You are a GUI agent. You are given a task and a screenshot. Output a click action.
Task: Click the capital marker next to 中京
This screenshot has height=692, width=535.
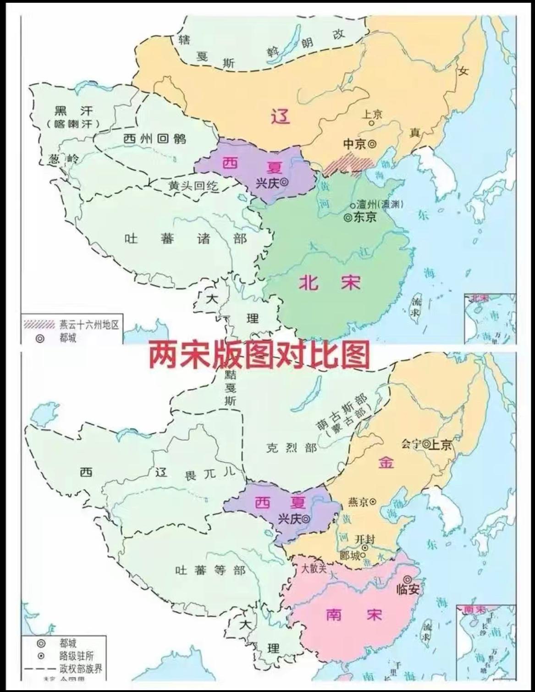[x=372, y=144]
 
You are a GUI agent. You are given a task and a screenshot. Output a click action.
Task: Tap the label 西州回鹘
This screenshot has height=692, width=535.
[x=154, y=138]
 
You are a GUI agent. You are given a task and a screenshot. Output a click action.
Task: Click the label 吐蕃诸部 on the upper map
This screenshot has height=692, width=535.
[x=186, y=238]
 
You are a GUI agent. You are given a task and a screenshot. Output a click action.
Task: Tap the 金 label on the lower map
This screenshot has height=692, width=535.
[x=386, y=462]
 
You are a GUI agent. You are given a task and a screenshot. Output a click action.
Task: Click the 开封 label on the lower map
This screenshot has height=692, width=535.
[x=365, y=539]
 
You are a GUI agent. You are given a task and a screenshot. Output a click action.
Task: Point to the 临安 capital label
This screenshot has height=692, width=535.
[x=408, y=589]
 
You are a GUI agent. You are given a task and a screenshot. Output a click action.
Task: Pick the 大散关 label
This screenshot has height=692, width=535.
[x=314, y=569]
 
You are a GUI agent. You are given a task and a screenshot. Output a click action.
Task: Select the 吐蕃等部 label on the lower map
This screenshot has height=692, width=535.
[x=210, y=570]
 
